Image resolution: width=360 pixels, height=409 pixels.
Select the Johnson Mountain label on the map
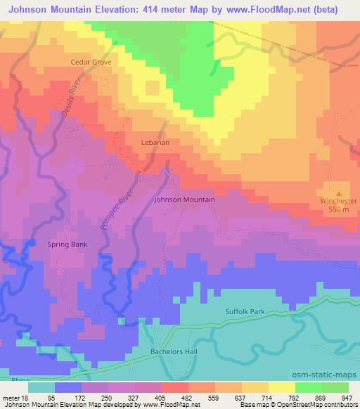(x=184, y=200)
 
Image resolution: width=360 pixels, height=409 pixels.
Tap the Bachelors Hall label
(x=162, y=351)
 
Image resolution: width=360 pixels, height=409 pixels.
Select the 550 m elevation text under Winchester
(x=339, y=210)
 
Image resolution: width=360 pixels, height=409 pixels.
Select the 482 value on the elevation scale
(x=187, y=397)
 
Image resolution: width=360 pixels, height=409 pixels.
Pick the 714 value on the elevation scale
(x=268, y=397)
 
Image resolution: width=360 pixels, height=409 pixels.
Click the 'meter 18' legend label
(x=15, y=397)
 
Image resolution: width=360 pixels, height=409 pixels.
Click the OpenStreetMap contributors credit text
(x=319, y=404)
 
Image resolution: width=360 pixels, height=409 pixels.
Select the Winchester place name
(x=339, y=202)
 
